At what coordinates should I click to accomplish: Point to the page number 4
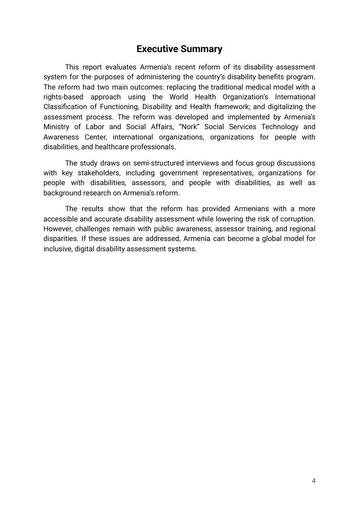314,481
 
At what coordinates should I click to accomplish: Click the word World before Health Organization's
179,97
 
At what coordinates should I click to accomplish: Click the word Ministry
56,127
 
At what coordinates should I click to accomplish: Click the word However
58,229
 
